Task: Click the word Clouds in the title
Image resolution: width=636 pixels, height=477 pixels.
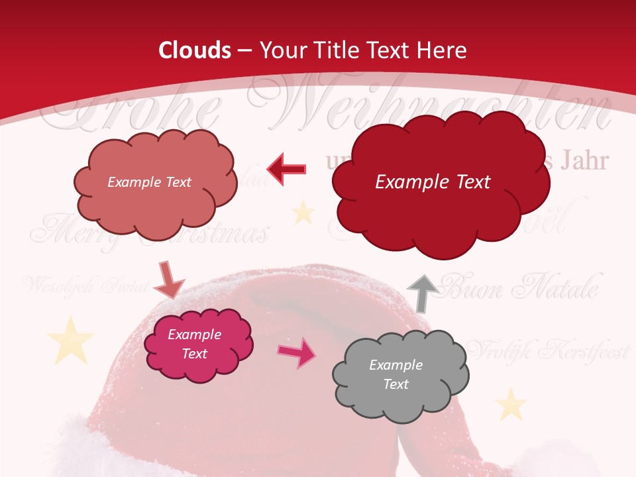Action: click(x=195, y=50)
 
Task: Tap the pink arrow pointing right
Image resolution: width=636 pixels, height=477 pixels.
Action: click(x=297, y=352)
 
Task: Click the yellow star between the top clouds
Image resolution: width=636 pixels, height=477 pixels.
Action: click(x=303, y=213)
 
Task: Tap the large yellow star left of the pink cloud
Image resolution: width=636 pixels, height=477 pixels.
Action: click(x=71, y=339)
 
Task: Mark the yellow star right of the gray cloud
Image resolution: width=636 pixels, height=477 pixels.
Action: click(x=510, y=404)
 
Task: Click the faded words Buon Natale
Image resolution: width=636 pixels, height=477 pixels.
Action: click(x=520, y=289)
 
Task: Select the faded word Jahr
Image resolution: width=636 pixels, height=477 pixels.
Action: click(x=584, y=161)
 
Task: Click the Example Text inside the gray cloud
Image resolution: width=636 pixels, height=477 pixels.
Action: click(x=396, y=374)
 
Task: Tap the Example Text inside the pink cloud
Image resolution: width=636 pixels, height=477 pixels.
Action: click(x=195, y=344)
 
